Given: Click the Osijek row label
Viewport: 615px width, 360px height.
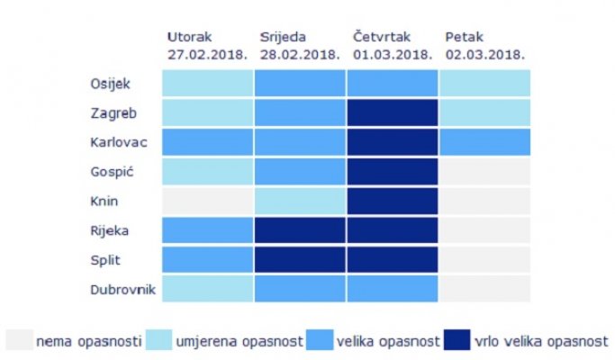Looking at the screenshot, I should pos(110,84).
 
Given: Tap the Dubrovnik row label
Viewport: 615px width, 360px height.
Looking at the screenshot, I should pos(122,289).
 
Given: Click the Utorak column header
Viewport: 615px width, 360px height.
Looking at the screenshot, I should pos(191,37).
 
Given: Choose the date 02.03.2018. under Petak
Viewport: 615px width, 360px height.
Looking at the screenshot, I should pos(484,53).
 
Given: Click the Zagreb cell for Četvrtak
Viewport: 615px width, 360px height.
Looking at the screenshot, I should pos(393,112).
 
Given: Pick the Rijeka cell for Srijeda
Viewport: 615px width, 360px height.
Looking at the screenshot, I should pos(300,230).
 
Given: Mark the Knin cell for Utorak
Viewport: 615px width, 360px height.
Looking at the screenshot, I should pos(207,201).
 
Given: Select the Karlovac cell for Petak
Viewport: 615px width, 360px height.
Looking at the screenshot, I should pos(484,142).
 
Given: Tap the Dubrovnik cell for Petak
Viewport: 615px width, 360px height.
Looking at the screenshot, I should pos(484,289).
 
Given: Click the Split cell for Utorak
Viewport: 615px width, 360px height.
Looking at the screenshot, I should pos(207,259).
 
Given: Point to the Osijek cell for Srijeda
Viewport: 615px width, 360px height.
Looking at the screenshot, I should pos(300,84).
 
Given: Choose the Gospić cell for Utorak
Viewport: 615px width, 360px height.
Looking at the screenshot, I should pos(207,171).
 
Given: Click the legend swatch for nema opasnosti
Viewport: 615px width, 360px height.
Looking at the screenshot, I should pos(18,340).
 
